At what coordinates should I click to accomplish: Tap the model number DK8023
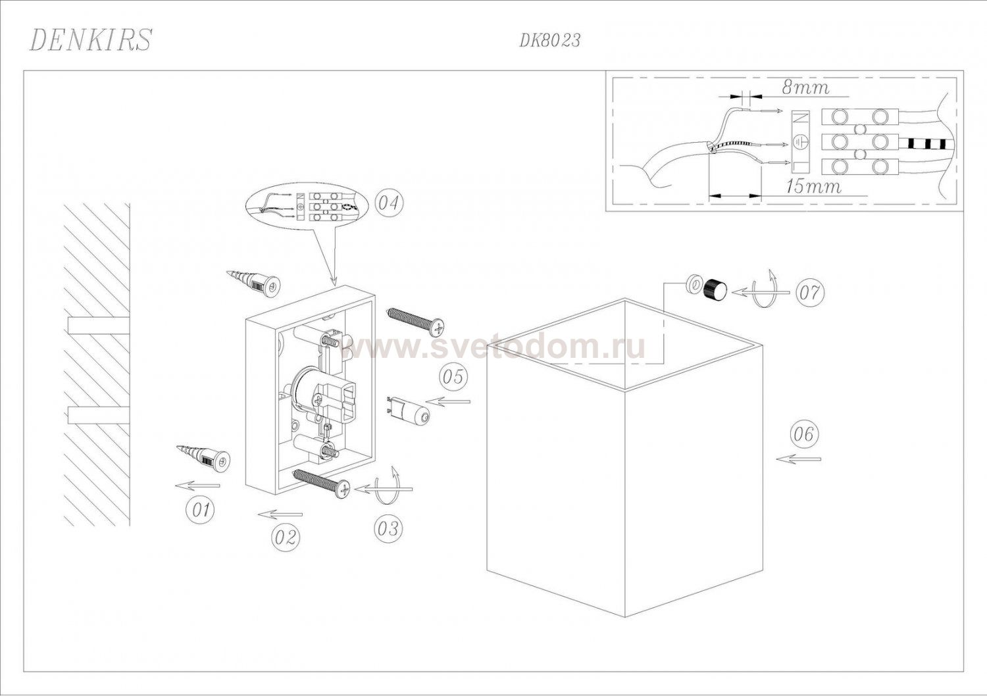pyautogui.click(x=549, y=41)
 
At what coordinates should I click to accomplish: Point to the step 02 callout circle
pyautogui.click(x=285, y=537)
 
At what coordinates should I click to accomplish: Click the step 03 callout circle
pyautogui.click(x=389, y=528)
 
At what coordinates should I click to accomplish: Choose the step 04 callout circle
pyautogui.click(x=389, y=203)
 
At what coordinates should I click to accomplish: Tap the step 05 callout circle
pyautogui.click(x=453, y=377)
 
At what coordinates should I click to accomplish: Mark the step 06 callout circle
pyautogui.click(x=804, y=435)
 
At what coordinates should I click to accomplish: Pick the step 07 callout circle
pyautogui.click(x=810, y=293)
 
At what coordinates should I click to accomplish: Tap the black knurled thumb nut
pyautogui.click(x=715, y=289)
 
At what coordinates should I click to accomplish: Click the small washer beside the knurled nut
pyautogui.click(x=693, y=284)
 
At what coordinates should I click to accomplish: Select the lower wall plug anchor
pyautogui.click(x=205, y=458)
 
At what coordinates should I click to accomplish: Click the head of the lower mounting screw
pyautogui.click(x=343, y=489)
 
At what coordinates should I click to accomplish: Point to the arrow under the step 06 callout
pyautogui.click(x=798, y=459)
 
